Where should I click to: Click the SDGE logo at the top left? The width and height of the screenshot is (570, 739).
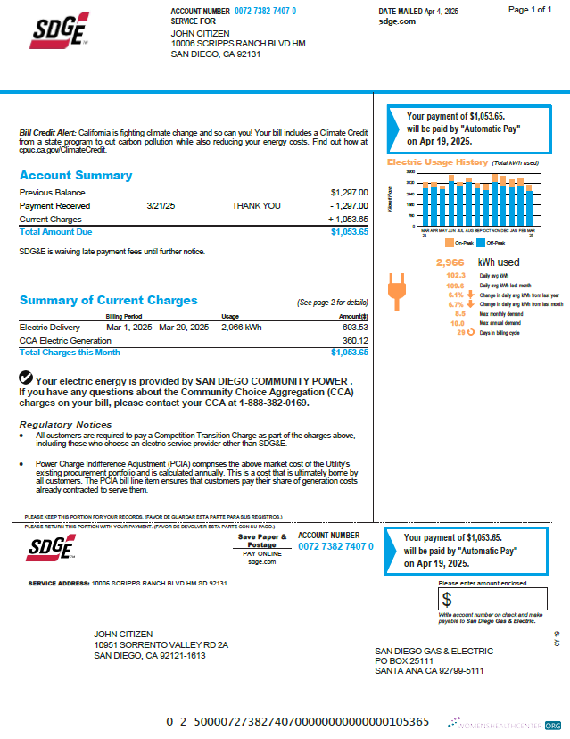click(59, 30)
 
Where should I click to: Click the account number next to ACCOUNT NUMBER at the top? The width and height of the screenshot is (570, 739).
click(265, 11)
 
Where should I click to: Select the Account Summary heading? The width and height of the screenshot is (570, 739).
click(76, 176)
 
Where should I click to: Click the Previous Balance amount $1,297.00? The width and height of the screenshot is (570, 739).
click(349, 193)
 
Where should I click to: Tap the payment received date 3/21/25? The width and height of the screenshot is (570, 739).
click(161, 205)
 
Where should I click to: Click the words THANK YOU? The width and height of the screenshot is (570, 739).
click(256, 205)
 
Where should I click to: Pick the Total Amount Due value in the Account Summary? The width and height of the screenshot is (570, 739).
click(349, 231)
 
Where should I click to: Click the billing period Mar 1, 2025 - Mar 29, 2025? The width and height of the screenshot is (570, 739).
click(157, 328)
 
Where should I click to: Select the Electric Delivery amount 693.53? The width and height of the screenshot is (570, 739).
click(354, 328)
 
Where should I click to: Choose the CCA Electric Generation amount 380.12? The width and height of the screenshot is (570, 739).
click(354, 340)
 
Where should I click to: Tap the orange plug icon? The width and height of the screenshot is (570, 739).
click(395, 292)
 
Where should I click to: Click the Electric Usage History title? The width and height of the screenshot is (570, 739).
click(437, 162)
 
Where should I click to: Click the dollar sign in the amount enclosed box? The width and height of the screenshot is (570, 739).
click(448, 599)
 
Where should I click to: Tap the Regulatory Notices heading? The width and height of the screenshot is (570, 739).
click(65, 424)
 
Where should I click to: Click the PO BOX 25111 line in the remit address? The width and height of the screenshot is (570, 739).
click(406, 660)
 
